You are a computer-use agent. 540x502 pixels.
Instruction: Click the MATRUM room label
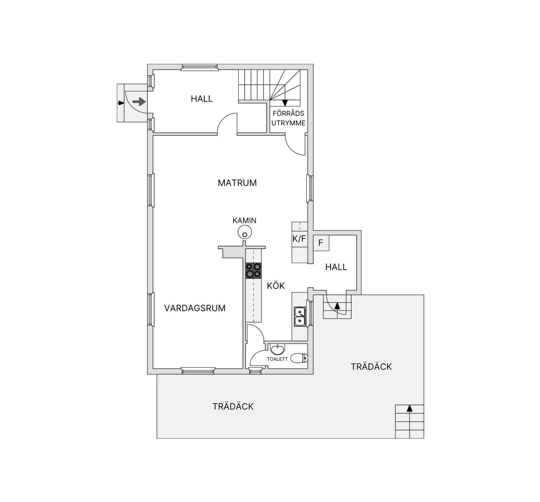[237, 183]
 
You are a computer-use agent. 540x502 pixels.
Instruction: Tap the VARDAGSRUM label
[195, 308]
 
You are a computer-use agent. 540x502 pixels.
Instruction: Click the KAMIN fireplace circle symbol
[244, 233]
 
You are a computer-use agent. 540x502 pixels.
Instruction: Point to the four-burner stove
[253, 271]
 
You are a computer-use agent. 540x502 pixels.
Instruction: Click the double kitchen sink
[300, 317]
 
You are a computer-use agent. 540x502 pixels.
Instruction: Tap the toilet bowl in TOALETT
[299, 358]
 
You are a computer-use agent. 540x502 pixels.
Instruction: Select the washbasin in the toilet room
[277, 349]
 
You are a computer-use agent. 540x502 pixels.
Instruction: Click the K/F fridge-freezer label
[299, 239]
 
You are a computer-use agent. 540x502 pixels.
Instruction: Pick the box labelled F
[321, 243]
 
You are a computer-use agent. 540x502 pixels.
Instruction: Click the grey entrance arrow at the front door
[139, 101]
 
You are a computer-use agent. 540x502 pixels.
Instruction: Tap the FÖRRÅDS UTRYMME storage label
[288, 118]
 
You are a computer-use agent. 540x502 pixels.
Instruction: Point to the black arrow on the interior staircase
[285, 103]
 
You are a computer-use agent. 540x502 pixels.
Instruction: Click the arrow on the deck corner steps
[409, 408]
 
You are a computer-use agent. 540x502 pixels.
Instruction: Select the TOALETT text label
[277, 359]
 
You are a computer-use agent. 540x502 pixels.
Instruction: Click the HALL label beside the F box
[336, 267]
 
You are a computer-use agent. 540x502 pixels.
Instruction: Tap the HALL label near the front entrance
[202, 99]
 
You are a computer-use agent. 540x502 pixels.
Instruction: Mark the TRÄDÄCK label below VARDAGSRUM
[233, 406]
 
